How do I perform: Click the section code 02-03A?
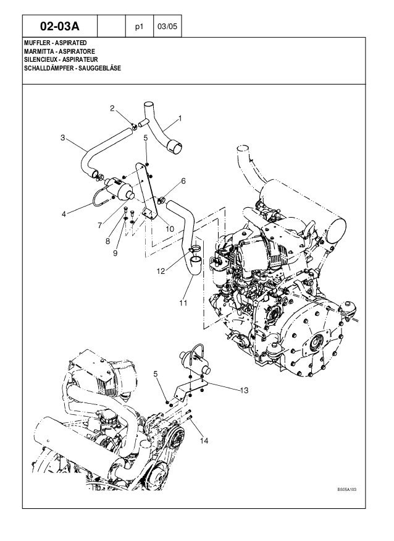(x=61, y=27)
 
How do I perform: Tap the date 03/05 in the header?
(x=165, y=27)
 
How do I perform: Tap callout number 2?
(x=112, y=109)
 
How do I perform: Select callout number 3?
(x=62, y=137)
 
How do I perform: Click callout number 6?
(x=183, y=181)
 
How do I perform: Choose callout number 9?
(x=115, y=252)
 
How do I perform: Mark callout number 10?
(x=170, y=228)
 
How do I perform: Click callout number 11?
(x=183, y=303)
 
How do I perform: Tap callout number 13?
(x=244, y=390)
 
